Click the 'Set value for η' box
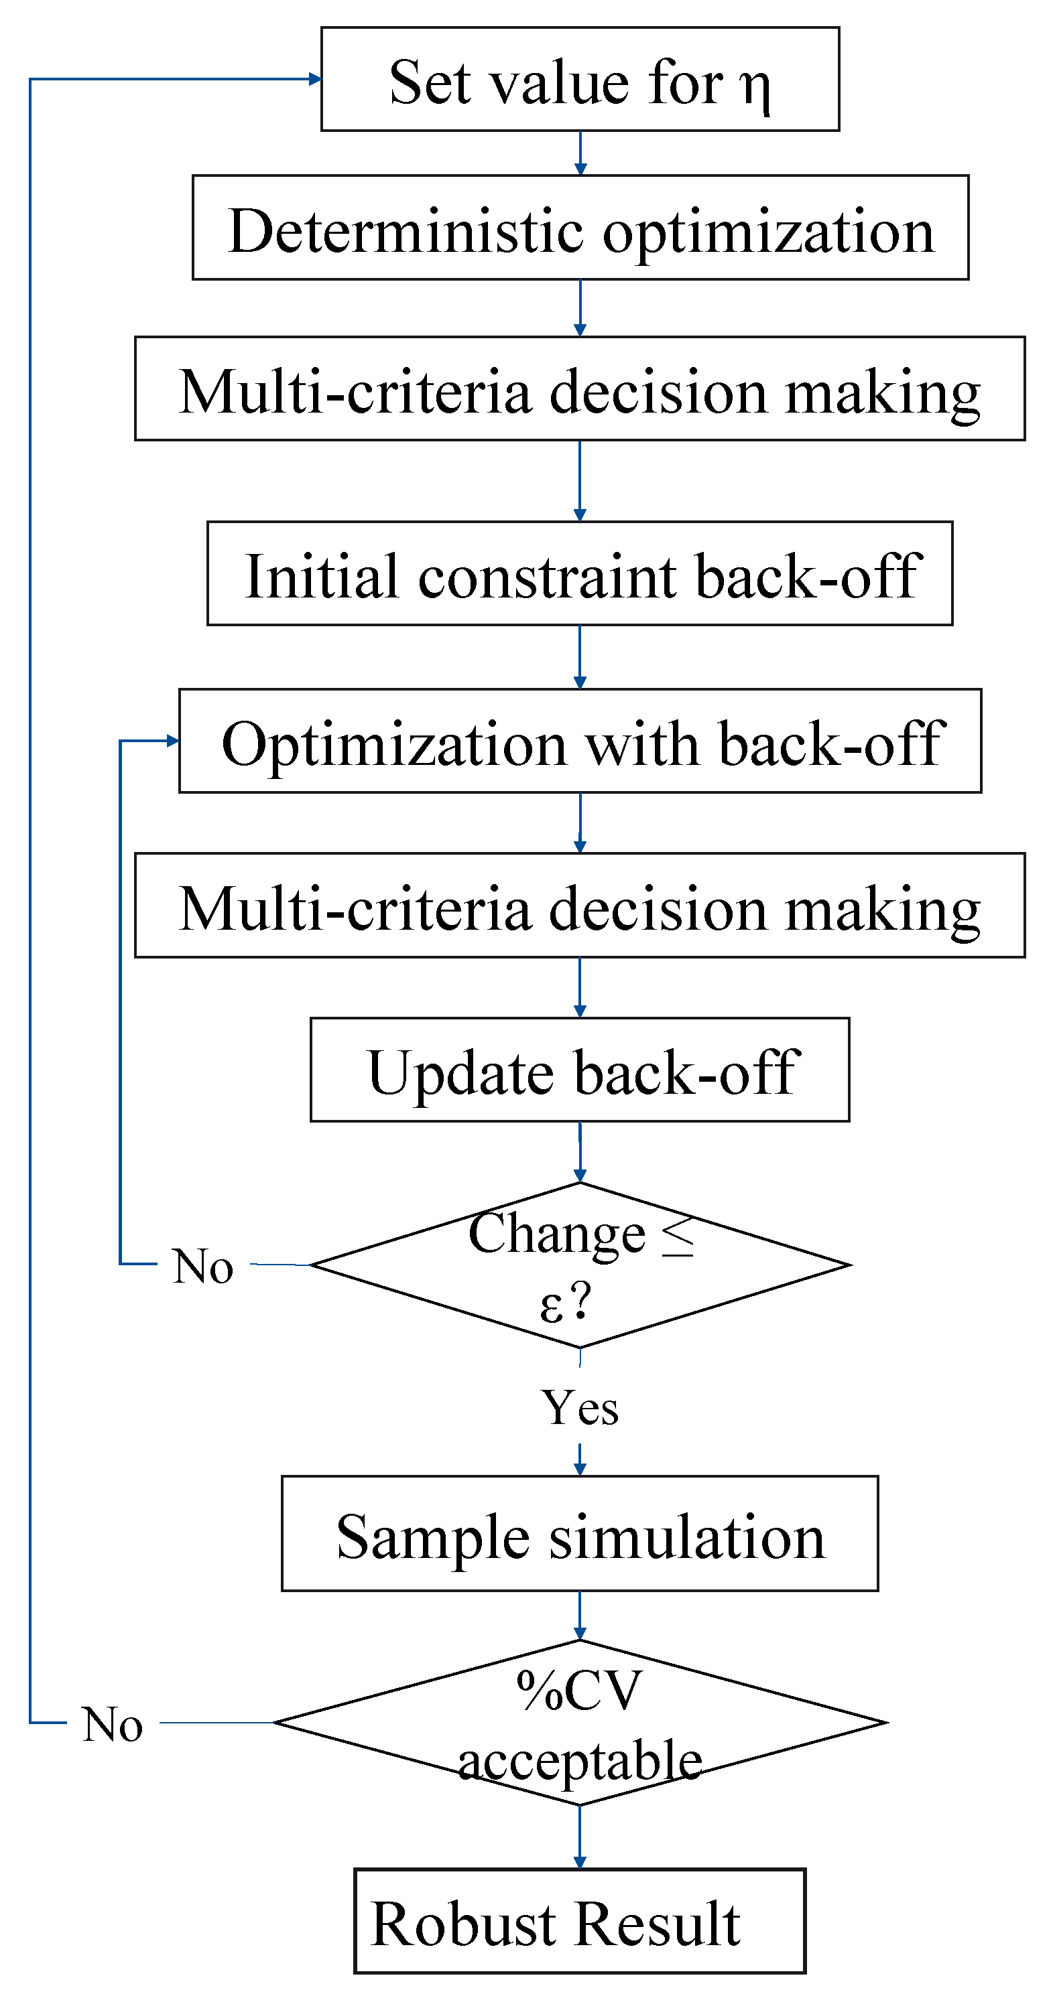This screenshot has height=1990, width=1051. pos(580,80)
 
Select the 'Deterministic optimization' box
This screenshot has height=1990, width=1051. pos(580,228)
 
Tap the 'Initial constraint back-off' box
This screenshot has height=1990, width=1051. pos(580,573)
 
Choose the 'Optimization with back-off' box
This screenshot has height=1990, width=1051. pos(580,741)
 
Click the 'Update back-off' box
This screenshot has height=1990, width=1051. pos(580,1070)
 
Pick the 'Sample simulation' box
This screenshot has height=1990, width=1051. pos(580,1535)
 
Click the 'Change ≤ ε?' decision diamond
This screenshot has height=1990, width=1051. pos(580,1265)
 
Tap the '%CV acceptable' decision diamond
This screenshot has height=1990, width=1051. pos(580,1723)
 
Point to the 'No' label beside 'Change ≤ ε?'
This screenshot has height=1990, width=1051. pos(203,1266)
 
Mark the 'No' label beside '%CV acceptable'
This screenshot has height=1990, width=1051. pos(113,1725)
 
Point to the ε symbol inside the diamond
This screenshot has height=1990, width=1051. pos(551,1305)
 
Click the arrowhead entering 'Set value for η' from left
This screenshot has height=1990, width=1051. pos(314,79)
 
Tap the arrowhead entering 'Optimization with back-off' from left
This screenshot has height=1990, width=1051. pos(172,741)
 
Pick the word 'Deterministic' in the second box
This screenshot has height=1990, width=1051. pos(406,230)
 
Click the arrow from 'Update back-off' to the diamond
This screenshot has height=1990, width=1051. pos(580,1151)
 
